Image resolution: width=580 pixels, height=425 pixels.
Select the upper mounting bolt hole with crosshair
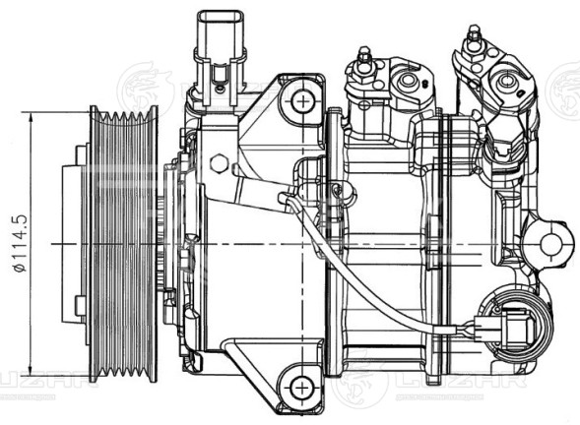(299, 98)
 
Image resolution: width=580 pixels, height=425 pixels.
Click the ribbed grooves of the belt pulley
(123, 241)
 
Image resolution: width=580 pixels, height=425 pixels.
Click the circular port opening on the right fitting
(508, 81)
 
